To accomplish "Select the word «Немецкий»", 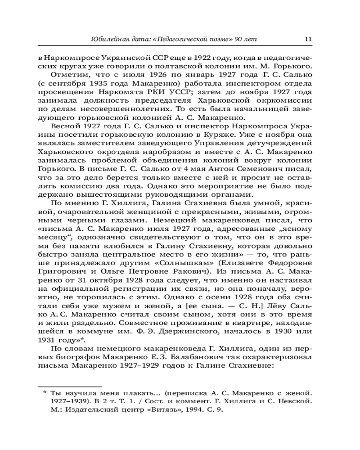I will point(173,220).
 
